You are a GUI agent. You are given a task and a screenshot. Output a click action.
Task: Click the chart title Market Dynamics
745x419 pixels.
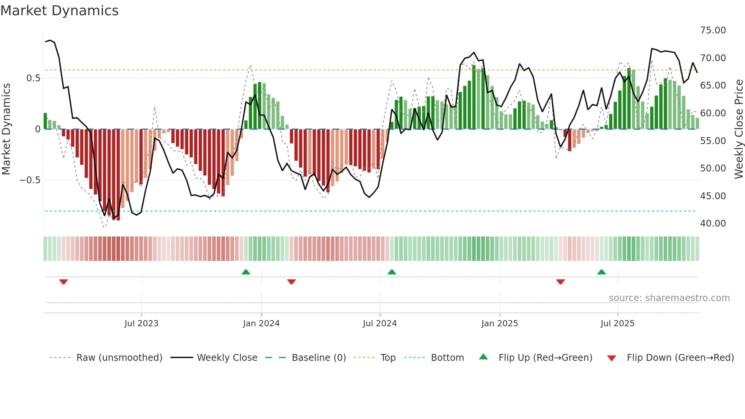pyautogui.click(x=60, y=11)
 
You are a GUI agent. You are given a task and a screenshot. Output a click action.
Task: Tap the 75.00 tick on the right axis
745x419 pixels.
pyautogui.click(x=713, y=30)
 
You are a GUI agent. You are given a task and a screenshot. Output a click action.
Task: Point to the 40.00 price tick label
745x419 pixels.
pyautogui.click(x=713, y=224)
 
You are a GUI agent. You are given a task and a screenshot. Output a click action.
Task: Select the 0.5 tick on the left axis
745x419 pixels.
pyautogui.click(x=33, y=78)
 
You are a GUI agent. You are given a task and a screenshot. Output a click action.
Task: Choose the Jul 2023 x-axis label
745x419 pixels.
pyautogui.click(x=141, y=324)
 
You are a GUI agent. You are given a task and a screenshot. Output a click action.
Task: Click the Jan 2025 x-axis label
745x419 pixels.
pyautogui.click(x=499, y=324)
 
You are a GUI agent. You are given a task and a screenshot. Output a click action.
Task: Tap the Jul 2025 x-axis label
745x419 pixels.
pyautogui.click(x=617, y=324)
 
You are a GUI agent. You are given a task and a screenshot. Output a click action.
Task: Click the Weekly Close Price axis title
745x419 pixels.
pyautogui.click(x=739, y=129)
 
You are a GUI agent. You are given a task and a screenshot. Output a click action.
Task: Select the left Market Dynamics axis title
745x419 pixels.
pyautogui.click(x=6, y=129)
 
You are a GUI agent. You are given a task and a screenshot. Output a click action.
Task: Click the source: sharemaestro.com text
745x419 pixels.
pyautogui.click(x=669, y=298)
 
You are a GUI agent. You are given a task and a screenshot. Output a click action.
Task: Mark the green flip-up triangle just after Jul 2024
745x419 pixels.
pyautogui.click(x=392, y=272)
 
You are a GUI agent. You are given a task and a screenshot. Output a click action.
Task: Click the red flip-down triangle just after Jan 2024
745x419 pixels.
pyautogui.click(x=292, y=282)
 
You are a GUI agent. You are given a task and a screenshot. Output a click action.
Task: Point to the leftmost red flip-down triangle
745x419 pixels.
pyautogui.click(x=63, y=282)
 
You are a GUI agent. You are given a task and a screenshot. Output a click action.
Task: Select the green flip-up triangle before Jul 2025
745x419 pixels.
pyautogui.click(x=601, y=272)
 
